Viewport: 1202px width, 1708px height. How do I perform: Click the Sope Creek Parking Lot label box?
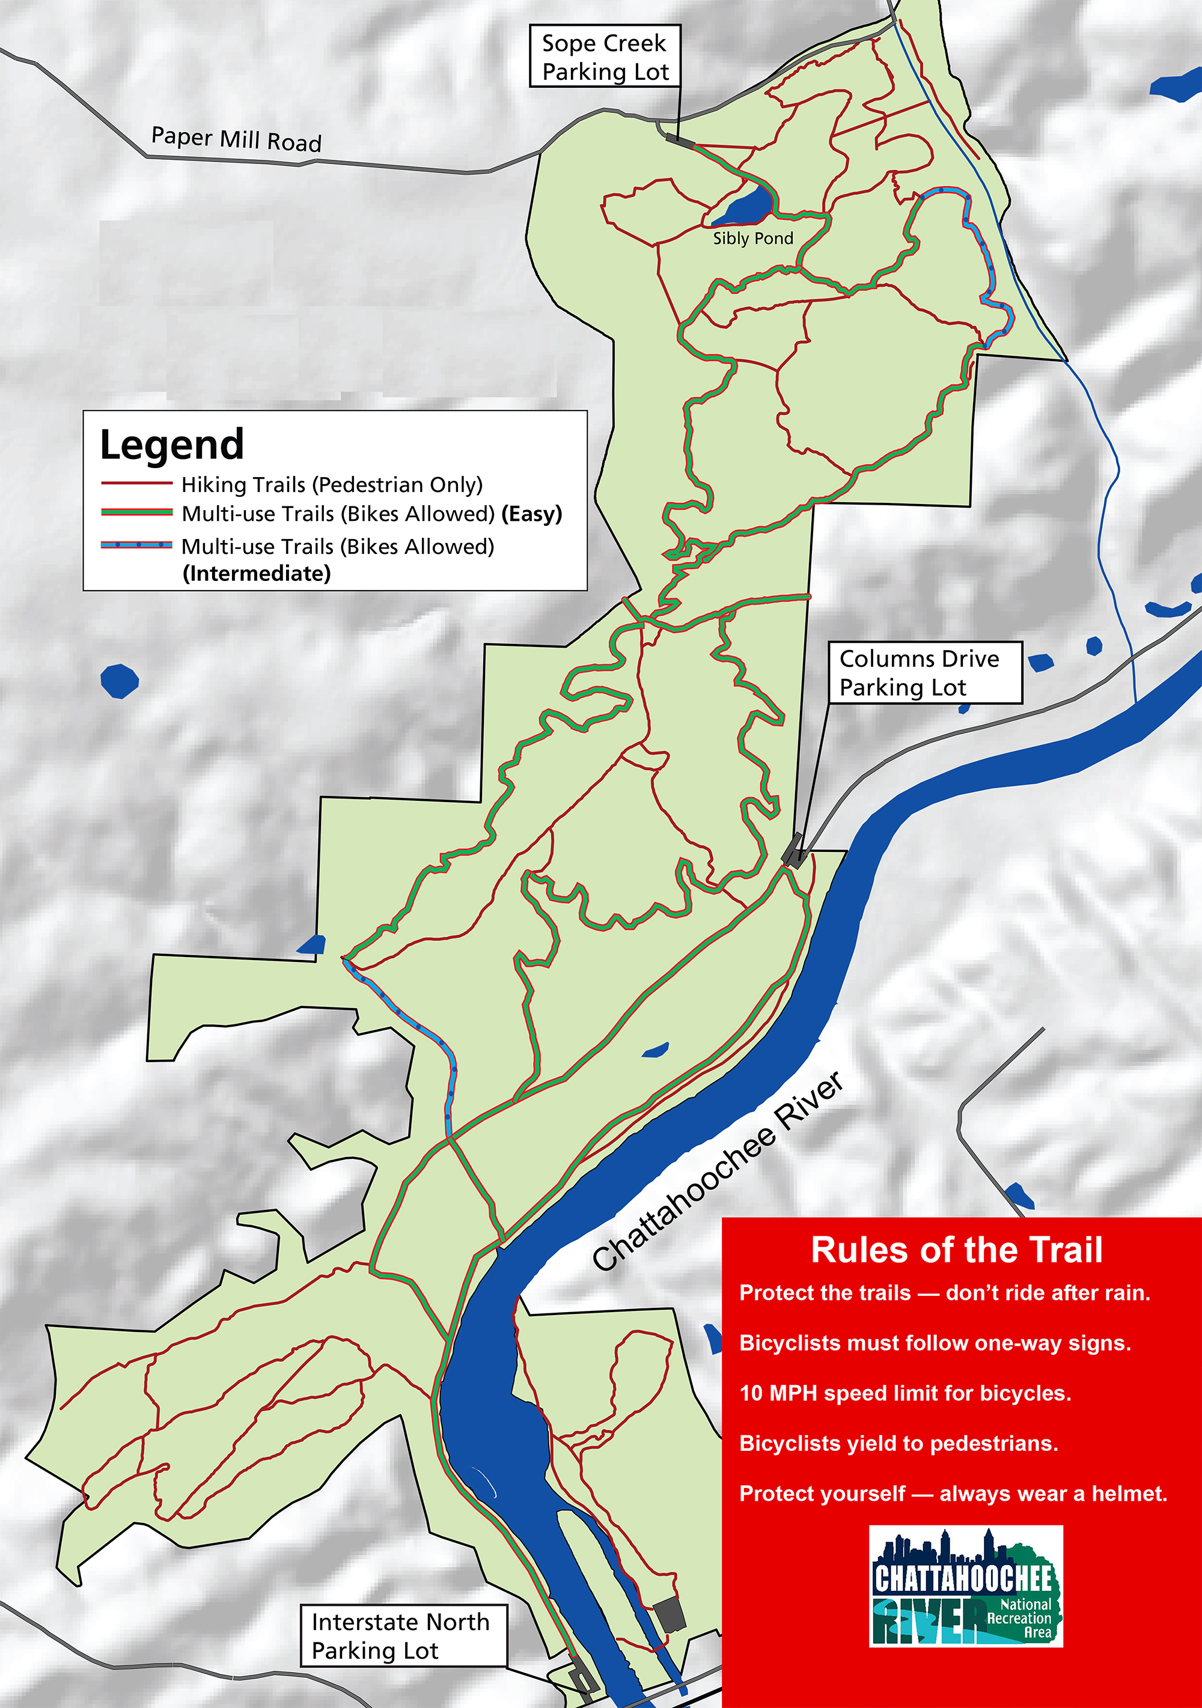[605, 56]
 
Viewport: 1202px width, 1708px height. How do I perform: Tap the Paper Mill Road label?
[236, 139]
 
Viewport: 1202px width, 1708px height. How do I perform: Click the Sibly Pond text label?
[752, 239]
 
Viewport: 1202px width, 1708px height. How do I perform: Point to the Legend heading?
[172, 445]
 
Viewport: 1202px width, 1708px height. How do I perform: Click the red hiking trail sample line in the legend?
[136, 484]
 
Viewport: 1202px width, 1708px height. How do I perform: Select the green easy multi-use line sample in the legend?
[136, 512]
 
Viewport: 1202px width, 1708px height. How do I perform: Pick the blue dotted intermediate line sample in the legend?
[136, 544]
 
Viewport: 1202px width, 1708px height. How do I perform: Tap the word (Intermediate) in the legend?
[257, 574]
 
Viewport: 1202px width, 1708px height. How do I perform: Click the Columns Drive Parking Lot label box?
[925, 672]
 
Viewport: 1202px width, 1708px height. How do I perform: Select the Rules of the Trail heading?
[956, 1250]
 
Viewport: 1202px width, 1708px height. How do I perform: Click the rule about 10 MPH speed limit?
[905, 1393]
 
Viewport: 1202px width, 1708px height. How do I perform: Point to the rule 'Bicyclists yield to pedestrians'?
[898, 1443]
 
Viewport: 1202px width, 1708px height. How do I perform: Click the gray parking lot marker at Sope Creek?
[680, 139]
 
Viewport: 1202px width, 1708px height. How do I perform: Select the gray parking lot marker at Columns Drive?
[793, 850]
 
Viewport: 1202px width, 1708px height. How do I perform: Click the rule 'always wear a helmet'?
[953, 1494]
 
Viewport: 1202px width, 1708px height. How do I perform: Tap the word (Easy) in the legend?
[531, 514]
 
